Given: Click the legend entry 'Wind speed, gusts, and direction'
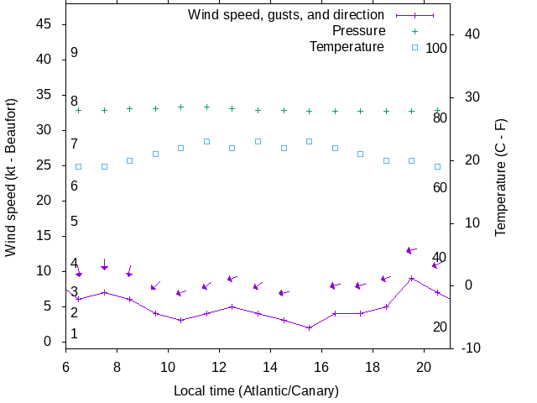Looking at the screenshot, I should click(285, 15).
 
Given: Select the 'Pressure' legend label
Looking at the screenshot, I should click(347, 31).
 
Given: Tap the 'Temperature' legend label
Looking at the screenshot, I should click(347, 47).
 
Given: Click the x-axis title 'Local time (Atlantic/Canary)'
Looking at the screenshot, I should click(256, 391).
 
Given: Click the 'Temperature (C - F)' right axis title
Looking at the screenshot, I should click(501, 176).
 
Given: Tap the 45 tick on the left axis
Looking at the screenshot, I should click(45, 24).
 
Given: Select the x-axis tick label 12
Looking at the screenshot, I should click(219, 366).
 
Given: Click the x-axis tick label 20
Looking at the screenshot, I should click(425, 366).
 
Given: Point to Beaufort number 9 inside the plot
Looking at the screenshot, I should click(74, 53).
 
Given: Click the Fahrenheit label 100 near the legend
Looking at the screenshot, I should click(436, 49).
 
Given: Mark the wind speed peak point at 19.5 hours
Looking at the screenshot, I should click(411, 278).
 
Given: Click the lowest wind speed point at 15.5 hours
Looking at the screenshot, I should click(309, 327).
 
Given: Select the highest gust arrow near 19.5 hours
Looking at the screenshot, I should click(411, 250).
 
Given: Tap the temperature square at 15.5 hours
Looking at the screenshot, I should click(309, 141).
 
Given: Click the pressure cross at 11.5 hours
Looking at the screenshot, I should click(206, 107).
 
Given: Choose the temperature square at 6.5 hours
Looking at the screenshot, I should click(79, 166).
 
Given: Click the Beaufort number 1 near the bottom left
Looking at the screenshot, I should click(74, 334).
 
